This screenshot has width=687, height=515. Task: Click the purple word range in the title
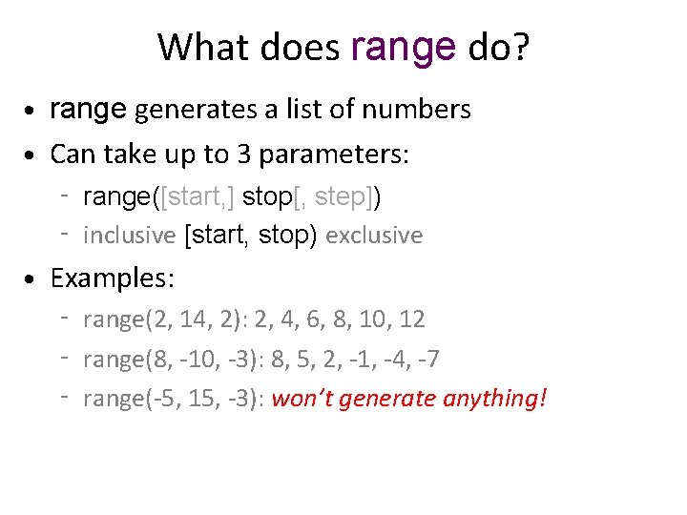click(405, 47)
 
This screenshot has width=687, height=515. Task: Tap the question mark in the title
click(519, 47)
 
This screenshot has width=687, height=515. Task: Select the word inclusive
click(130, 236)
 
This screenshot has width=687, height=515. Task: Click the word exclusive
click(374, 236)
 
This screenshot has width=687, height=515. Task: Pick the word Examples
click(113, 278)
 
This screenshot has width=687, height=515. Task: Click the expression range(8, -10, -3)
click(168, 360)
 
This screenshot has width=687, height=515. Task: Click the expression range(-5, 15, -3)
click(172, 399)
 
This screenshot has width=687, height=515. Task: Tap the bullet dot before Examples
click(32, 280)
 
